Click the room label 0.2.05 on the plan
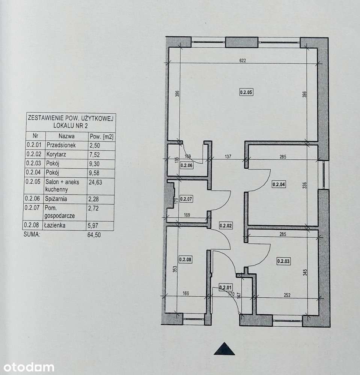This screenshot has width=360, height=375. (247, 92)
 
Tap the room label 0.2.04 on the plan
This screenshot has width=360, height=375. (279, 184)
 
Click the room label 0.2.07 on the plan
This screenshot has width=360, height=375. (186, 199)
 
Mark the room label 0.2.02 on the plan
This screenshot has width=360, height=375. (226, 226)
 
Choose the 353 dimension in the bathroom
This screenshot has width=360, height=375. (175, 270)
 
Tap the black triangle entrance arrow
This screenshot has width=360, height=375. (224, 349)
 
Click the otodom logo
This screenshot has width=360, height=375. (27, 367)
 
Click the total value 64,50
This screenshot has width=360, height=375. (94, 235)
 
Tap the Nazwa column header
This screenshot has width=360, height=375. (66, 136)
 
